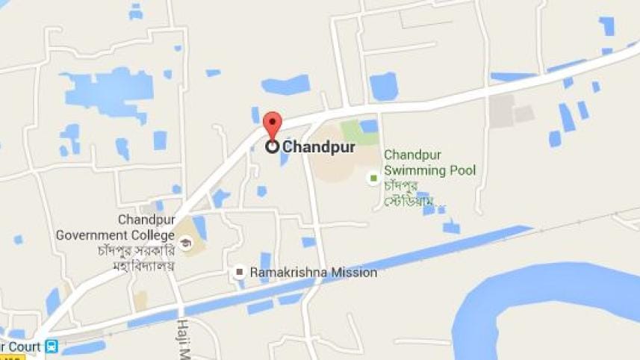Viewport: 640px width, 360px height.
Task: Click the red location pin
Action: (x=273, y=124)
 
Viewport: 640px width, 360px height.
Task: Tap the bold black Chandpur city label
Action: (x=319, y=148)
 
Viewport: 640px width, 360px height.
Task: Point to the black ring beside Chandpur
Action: (x=273, y=147)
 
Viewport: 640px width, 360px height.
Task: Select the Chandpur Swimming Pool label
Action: (x=429, y=163)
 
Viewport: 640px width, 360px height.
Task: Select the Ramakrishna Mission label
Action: (x=314, y=273)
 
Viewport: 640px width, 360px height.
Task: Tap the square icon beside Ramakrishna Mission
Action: (x=240, y=273)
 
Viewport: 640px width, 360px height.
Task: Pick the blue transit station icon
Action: (x=52, y=347)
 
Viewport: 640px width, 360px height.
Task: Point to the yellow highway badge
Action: (x=10, y=357)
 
